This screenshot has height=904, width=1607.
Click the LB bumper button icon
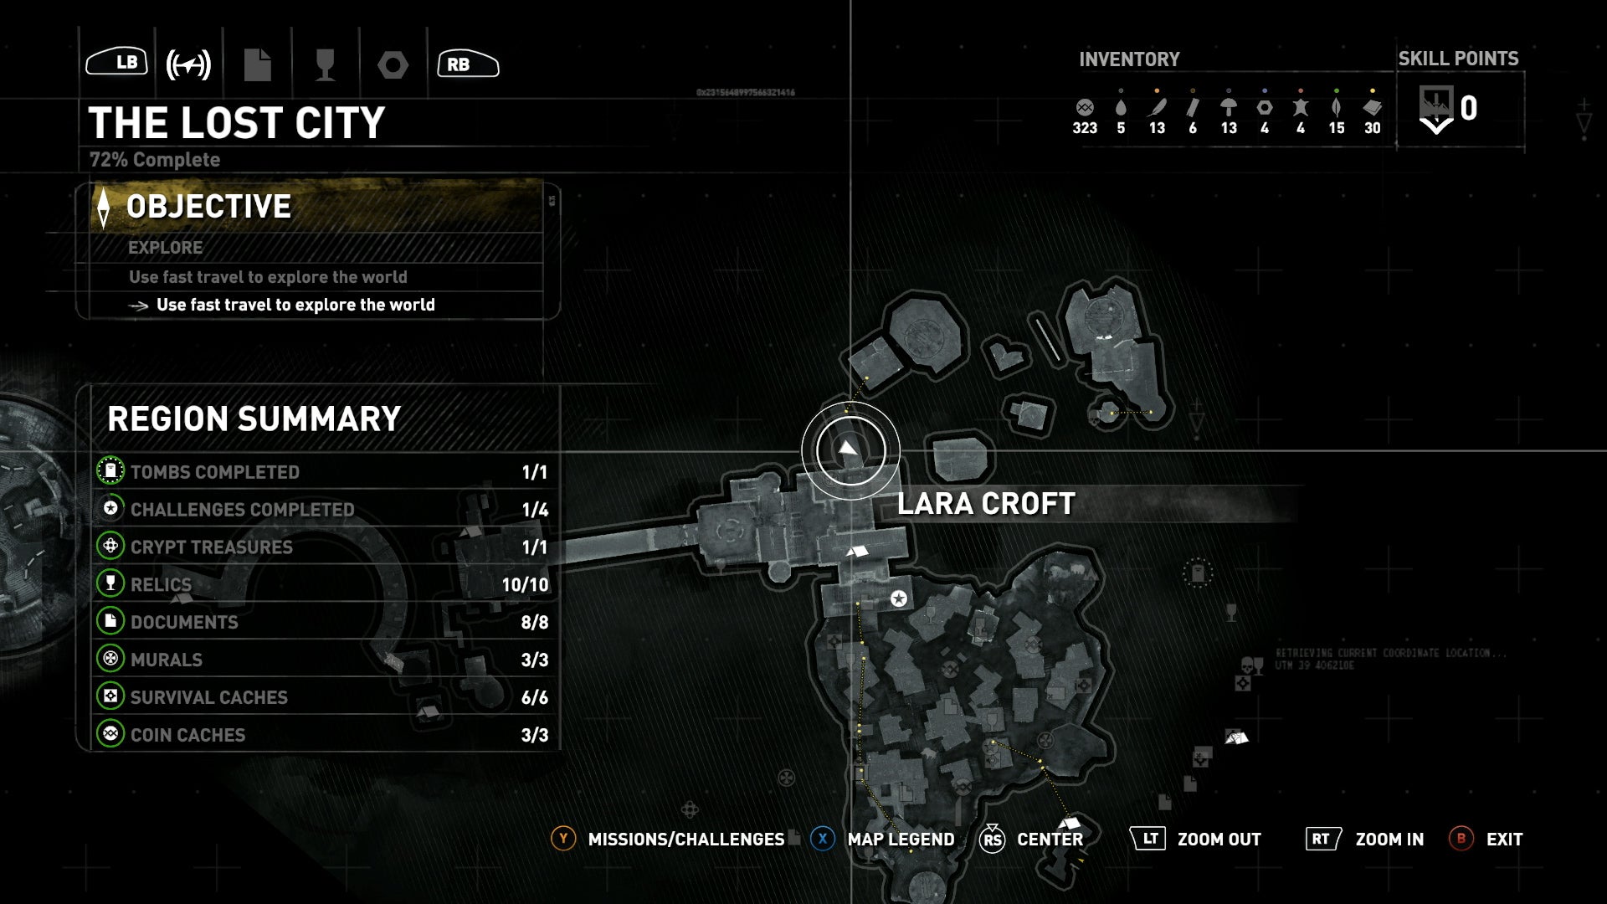[x=117, y=62]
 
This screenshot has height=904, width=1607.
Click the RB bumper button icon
[x=468, y=64]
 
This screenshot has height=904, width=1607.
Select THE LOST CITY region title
[x=237, y=123]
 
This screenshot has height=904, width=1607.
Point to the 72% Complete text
[x=155, y=160]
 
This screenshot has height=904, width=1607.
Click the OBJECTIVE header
[x=208, y=207]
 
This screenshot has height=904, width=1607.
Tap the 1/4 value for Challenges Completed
[x=534, y=510]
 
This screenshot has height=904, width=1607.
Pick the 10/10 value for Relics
[x=525, y=585]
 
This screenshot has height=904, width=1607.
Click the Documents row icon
[x=110, y=622]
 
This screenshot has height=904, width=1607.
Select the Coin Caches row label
[x=187, y=735]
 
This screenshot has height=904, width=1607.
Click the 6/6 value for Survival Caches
[x=534, y=697]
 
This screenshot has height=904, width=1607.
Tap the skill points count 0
[x=1468, y=109]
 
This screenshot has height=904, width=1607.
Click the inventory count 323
[x=1085, y=128]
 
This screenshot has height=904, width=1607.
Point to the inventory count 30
[x=1373, y=128]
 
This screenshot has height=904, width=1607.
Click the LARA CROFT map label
[x=986, y=504]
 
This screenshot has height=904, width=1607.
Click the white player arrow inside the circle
[x=849, y=449]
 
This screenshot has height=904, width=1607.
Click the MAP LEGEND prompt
[x=901, y=840]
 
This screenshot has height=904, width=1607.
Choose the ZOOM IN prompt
[x=1389, y=840]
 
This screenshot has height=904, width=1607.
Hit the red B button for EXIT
[x=1461, y=839]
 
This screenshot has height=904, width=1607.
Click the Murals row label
[x=167, y=660]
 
